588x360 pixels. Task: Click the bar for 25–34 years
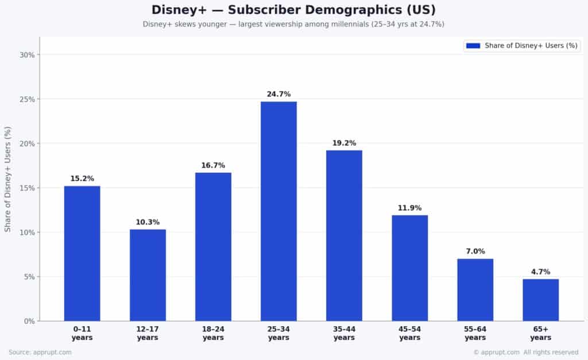coord(278,211)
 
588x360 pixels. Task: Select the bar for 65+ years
coord(540,300)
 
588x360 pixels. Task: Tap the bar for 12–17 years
coord(148,275)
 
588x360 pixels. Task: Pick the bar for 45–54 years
coord(409,268)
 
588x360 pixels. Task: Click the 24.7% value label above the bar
coord(278,94)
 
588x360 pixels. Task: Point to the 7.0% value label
coord(475,251)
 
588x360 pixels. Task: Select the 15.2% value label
coord(82,179)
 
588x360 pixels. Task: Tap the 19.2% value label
coord(344,143)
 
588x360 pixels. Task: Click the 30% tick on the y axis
coord(27,55)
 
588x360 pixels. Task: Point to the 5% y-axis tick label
coord(29,277)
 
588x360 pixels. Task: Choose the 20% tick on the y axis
coord(27,144)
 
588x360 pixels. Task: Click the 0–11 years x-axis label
coord(82,333)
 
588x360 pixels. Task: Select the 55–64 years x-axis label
coord(475,333)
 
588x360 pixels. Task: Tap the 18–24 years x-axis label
coord(213,333)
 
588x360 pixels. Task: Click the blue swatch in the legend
coord(473,46)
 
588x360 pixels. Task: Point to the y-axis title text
coord(8,180)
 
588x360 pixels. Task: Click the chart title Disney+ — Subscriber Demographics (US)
coord(293,10)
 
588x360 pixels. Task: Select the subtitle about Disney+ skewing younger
coord(293,24)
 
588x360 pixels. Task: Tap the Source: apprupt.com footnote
coord(40,352)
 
